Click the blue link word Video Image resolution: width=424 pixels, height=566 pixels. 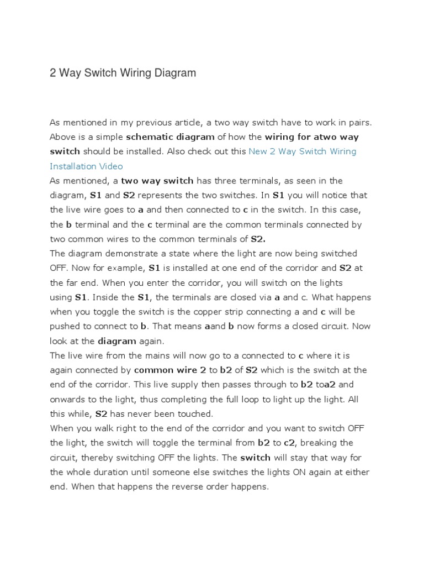[x=111, y=166]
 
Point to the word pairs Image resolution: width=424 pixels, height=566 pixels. [x=362, y=122]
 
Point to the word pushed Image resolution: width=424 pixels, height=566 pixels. [x=65, y=326]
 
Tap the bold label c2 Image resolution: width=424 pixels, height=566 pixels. [x=290, y=443]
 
